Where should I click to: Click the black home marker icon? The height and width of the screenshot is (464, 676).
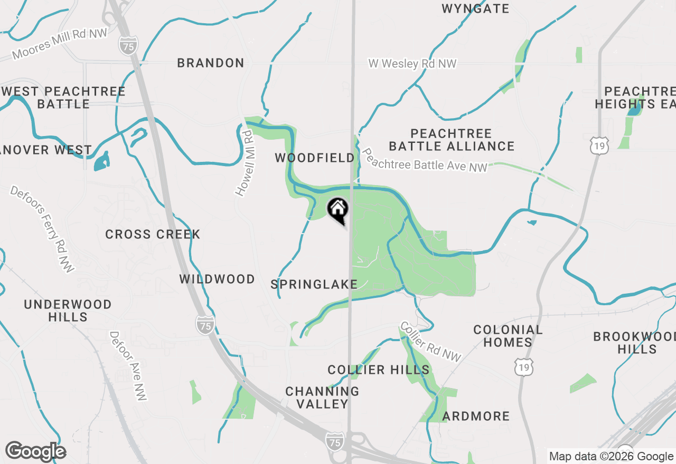coord(338,209)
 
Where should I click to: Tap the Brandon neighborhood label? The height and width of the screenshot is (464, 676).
coord(211,63)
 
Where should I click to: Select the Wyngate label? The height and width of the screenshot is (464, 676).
coord(475,8)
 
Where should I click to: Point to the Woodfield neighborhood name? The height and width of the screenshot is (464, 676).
coord(315,158)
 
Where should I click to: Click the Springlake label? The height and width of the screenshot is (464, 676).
coord(314,285)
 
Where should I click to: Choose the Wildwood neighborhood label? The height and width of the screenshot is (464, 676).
coord(217,279)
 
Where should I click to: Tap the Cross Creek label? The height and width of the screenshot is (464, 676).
coord(153,235)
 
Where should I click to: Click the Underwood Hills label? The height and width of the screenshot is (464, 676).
coord(68,311)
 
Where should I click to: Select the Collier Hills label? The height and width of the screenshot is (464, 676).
coord(379,370)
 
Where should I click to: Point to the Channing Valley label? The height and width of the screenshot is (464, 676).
coord(322,398)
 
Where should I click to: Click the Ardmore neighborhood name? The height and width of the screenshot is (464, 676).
coord(476,417)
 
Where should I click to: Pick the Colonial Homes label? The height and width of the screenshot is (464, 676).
coord(508,336)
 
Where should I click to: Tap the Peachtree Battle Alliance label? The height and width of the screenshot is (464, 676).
coord(452,140)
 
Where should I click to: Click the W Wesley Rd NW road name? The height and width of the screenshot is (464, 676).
coord(412,64)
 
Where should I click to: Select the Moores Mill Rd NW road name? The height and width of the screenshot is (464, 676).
coord(60,44)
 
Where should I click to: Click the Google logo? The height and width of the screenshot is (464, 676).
coord(35,451)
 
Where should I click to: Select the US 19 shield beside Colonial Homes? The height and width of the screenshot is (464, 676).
coord(525,365)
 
